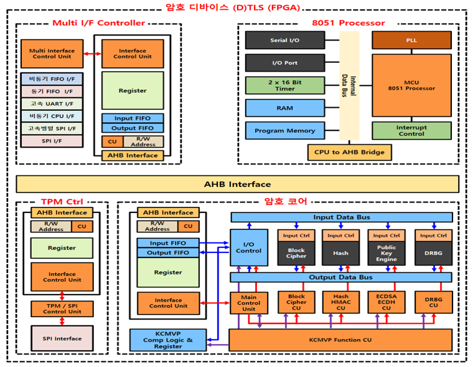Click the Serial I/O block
point(284,41)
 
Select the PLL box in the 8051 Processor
point(411,41)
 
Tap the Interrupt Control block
point(411,130)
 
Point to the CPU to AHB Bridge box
point(349,151)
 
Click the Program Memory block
point(284,131)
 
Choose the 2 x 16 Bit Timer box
point(284,85)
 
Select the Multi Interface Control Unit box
point(52,54)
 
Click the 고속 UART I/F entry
point(51,103)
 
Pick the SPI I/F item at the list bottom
point(51,141)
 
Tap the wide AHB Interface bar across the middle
point(237,184)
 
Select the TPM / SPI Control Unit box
point(62,308)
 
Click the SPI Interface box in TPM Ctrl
point(62,338)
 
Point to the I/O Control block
point(248,247)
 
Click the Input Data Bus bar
point(341,217)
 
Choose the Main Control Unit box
point(248,303)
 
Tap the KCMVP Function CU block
point(340,340)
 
